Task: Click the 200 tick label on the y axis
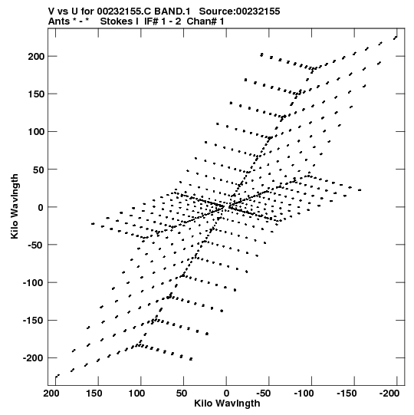pyautogui.click(x=36, y=56)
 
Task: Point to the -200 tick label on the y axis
pyautogui.click(x=33, y=358)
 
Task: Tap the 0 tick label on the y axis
pyautogui.click(x=41, y=207)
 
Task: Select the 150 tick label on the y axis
pyautogui.click(x=36, y=94)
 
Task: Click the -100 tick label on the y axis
pyautogui.click(x=33, y=282)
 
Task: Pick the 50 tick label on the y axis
pyautogui.click(x=38, y=170)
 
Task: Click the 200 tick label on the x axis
pyautogui.click(x=51, y=394)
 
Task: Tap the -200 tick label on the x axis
pyautogui.click(x=389, y=394)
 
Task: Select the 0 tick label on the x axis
pyautogui.click(x=226, y=394)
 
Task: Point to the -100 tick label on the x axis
pyautogui.click(x=304, y=394)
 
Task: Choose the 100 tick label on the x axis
pyautogui.click(x=136, y=394)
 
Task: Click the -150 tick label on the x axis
pyautogui.click(x=347, y=394)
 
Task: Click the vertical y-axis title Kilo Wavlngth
pyautogui.click(x=15, y=206)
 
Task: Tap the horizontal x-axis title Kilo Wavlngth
pyautogui.click(x=227, y=403)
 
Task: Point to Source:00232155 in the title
pyautogui.click(x=239, y=12)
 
